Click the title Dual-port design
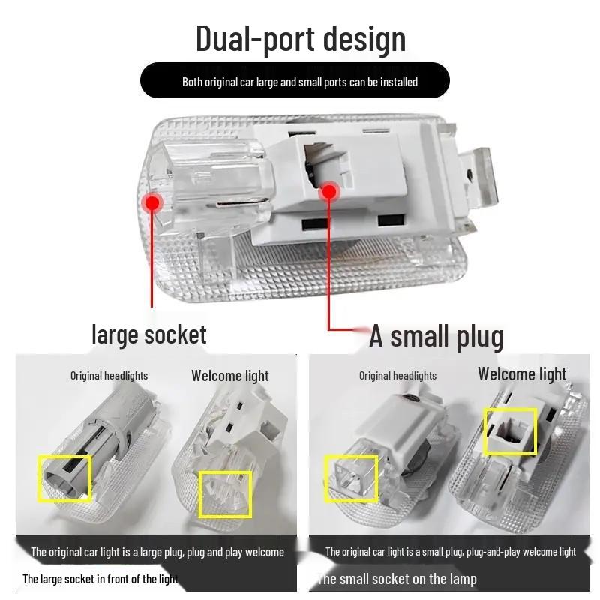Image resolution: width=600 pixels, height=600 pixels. pyautogui.click(x=300, y=38)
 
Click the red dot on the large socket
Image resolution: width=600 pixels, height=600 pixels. pyautogui.click(x=153, y=202)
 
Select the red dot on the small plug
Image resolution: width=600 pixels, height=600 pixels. pyautogui.click(x=328, y=193)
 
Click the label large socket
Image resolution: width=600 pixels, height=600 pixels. pyautogui.click(x=148, y=334)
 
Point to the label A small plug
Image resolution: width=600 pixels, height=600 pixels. pyautogui.click(x=436, y=337)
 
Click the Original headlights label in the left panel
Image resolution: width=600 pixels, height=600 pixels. pyautogui.click(x=109, y=376)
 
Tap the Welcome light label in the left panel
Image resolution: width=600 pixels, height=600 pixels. pyautogui.click(x=229, y=376)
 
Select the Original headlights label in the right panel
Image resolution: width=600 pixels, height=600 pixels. pyautogui.click(x=397, y=376)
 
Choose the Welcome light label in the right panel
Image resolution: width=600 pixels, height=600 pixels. pyautogui.click(x=522, y=373)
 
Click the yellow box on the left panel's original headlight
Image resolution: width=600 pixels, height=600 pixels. pyautogui.click(x=64, y=478)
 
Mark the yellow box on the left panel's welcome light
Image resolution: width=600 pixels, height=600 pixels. pyautogui.click(x=225, y=494)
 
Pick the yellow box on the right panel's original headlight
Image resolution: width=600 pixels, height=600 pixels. pyautogui.click(x=352, y=478)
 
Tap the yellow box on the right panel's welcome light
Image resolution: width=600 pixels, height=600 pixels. pyautogui.click(x=510, y=431)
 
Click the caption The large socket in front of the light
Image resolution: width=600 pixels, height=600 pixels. pyautogui.click(x=100, y=579)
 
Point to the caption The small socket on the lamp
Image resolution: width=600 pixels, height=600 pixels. pyautogui.click(x=397, y=579)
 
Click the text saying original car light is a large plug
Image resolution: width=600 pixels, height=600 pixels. pyautogui.click(x=157, y=553)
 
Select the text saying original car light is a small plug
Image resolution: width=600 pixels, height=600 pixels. pyautogui.click(x=450, y=553)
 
